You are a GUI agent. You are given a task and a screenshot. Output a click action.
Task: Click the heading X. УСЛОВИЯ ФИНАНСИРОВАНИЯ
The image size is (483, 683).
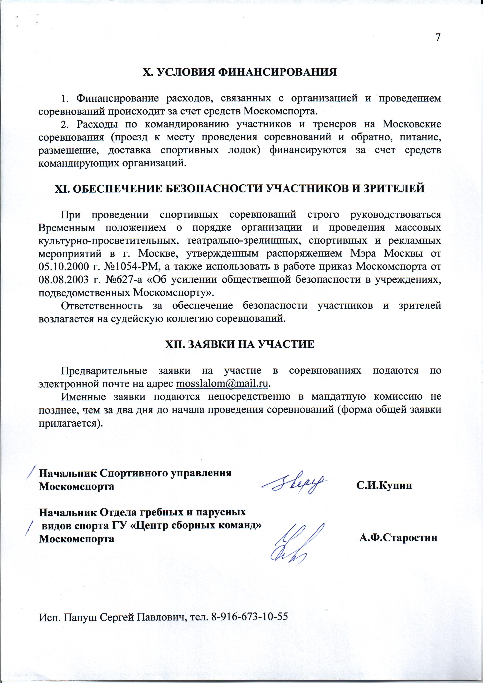240,72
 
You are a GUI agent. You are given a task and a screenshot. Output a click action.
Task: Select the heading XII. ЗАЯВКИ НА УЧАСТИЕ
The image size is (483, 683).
240,344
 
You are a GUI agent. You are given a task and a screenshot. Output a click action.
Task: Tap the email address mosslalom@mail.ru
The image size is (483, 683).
222,384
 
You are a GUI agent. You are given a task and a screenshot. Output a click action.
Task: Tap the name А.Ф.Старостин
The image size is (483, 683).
398,538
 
